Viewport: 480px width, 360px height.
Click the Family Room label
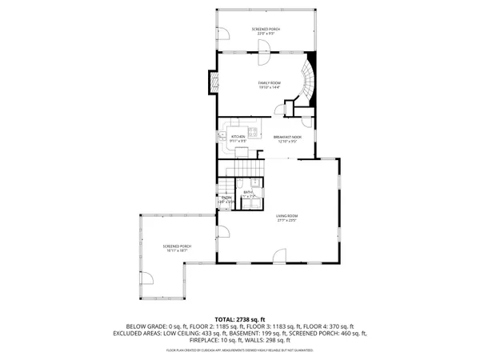point(269,82)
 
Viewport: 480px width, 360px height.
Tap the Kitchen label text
point(238,137)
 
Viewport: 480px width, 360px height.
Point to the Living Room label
point(287,216)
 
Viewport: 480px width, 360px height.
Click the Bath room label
point(248,193)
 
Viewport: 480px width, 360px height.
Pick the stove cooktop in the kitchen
point(251,130)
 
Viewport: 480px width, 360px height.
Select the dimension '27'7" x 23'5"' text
point(287,220)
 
